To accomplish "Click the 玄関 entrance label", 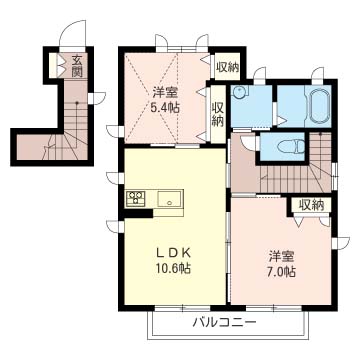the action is [77, 66].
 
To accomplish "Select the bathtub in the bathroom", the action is [320, 106].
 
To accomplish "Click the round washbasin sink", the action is [238, 92].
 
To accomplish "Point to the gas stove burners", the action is [135, 197].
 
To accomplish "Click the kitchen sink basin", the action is [170, 199].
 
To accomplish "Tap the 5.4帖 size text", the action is [165, 107].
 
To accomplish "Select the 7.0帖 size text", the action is [282, 272].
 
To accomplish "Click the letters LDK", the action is [174, 253].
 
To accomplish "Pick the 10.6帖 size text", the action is [174, 268].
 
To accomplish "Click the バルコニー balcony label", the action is [224, 322].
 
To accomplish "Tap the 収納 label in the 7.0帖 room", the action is [311, 205].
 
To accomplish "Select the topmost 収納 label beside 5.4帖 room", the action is [227, 68].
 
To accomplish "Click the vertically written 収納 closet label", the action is [218, 115].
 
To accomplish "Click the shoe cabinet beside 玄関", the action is [53, 65].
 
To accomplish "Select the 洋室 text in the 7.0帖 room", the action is [282, 257].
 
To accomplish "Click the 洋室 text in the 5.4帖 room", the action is [165, 92].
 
